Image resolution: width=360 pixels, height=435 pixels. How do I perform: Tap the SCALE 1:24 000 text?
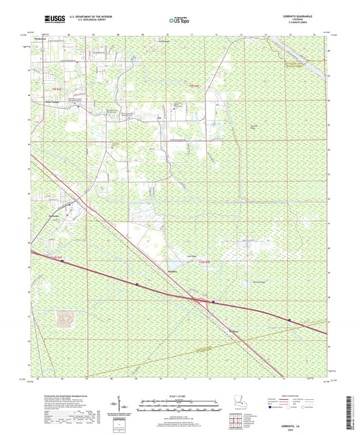[180, 396]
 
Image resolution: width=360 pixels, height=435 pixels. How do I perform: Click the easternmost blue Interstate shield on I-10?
[289, 320]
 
